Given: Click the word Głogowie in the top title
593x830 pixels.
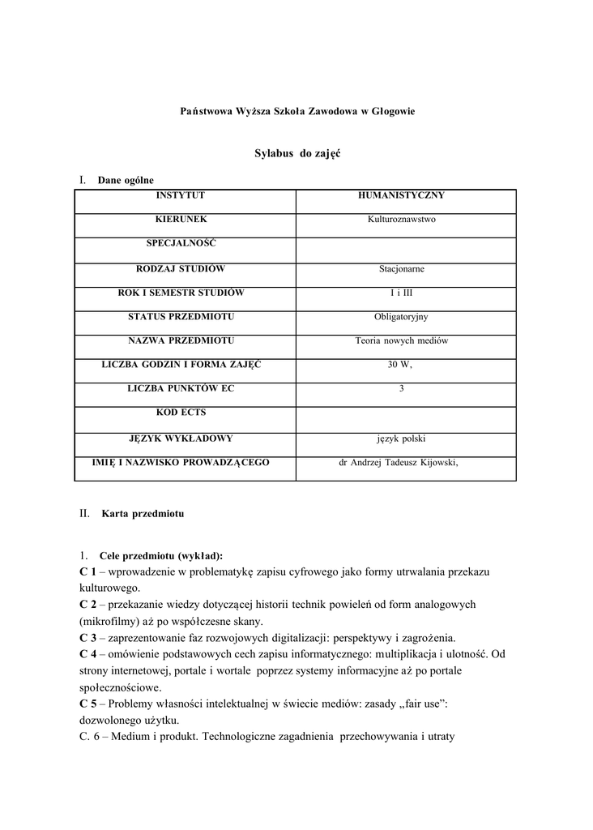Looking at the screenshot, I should [x=393, y=110].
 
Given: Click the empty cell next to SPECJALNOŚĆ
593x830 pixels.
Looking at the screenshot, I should [x=405, y=250].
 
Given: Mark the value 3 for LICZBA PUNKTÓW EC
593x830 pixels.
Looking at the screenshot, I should [x=401, y=390].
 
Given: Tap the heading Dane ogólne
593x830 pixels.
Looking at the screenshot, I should [x=126, y=180].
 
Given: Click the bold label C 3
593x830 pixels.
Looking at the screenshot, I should [x=88, y=637].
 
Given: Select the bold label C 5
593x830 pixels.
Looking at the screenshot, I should [x=88, y=704].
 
